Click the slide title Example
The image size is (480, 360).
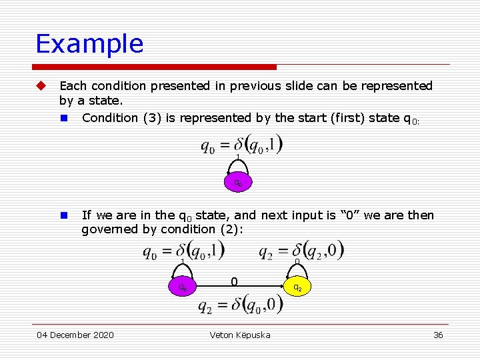coord(89,44)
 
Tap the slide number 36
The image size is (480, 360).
coord(438,335)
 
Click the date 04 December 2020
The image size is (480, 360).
coord(75,335)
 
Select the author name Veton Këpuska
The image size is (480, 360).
coord(240,335)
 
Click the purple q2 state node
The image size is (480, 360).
coord(297,287)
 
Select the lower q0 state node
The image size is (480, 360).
coord(182,287)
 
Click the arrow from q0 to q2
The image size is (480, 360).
coord(240,287)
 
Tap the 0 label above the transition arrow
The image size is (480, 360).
coord(234,282)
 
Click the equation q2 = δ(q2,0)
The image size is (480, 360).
coord(301,251)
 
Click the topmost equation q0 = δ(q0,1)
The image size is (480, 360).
coord(242,144)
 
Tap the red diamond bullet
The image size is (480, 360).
coord(41,86)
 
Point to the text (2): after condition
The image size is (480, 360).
coord(231,229)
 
